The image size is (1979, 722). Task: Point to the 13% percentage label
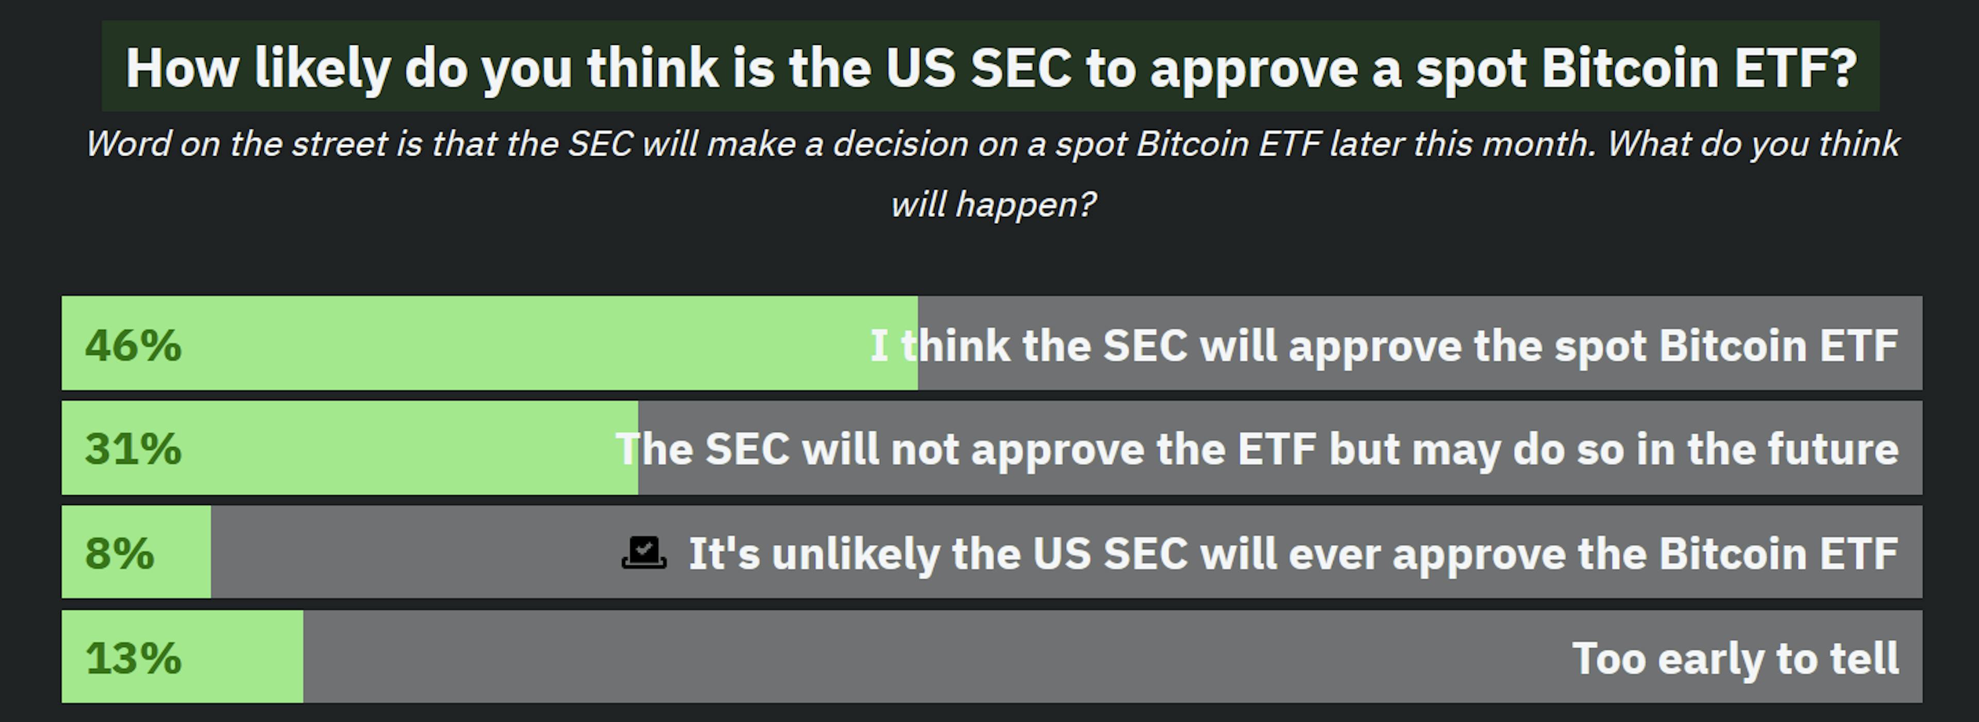click(x=133, y=658)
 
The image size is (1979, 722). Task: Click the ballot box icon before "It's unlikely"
click(x=644, y=552)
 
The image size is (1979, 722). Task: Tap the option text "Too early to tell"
click(x=1735, y=658)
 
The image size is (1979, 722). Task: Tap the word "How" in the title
click(x=182, y=69)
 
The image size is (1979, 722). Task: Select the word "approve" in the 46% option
click(x=1375, y=346)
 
